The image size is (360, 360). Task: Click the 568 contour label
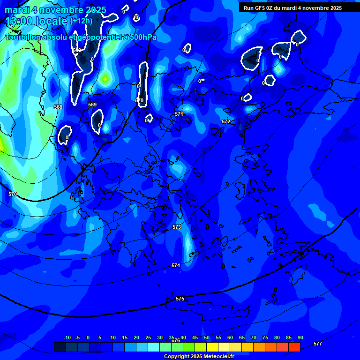pos(58,107)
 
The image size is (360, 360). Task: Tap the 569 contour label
pos(92,105)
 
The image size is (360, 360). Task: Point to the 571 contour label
pos(179,114)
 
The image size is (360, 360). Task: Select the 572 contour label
pos(226,121)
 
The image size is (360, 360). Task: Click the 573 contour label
pos(177,227)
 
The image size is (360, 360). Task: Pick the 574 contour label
pos(176,265)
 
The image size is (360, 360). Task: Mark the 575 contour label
pos(180,299)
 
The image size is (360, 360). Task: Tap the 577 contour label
pos(318,344)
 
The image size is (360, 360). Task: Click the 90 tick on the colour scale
pos(300,337)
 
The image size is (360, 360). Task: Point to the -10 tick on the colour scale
pos(67,337)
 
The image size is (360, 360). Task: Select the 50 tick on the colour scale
pos(207,337)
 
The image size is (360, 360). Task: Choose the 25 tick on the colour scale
pos(148,337)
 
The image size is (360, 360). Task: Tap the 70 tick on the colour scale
pos(254,337)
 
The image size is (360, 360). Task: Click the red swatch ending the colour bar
pos(294,347)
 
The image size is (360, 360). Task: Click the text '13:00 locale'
pos(37,21)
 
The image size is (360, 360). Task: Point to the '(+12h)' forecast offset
pos(81,21)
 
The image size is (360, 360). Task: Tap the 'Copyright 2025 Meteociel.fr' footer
pos(199,356)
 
